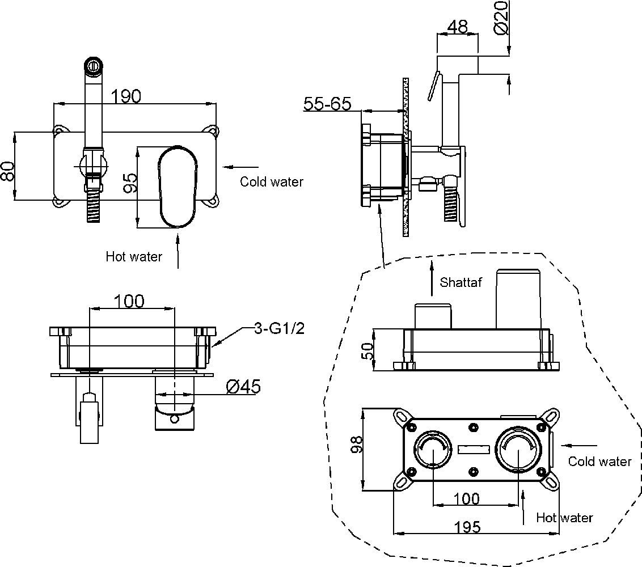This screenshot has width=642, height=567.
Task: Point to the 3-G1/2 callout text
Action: tap(279, 329)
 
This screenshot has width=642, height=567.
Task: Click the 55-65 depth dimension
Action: tap(327, 104)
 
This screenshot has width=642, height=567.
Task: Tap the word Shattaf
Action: tap(461, 282)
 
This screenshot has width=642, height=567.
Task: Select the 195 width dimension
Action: tap(467, 526)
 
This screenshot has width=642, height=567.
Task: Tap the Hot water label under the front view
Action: tap(134, 257)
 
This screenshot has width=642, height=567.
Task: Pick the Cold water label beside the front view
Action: tap(271, 182)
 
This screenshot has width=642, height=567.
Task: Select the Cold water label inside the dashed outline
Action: tap(599, 462)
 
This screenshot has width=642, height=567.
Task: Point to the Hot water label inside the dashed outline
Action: tap(564, 518)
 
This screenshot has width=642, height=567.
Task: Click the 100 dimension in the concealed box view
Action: tap(467, 499)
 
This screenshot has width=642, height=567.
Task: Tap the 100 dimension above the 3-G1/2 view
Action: tap(129, 301)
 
